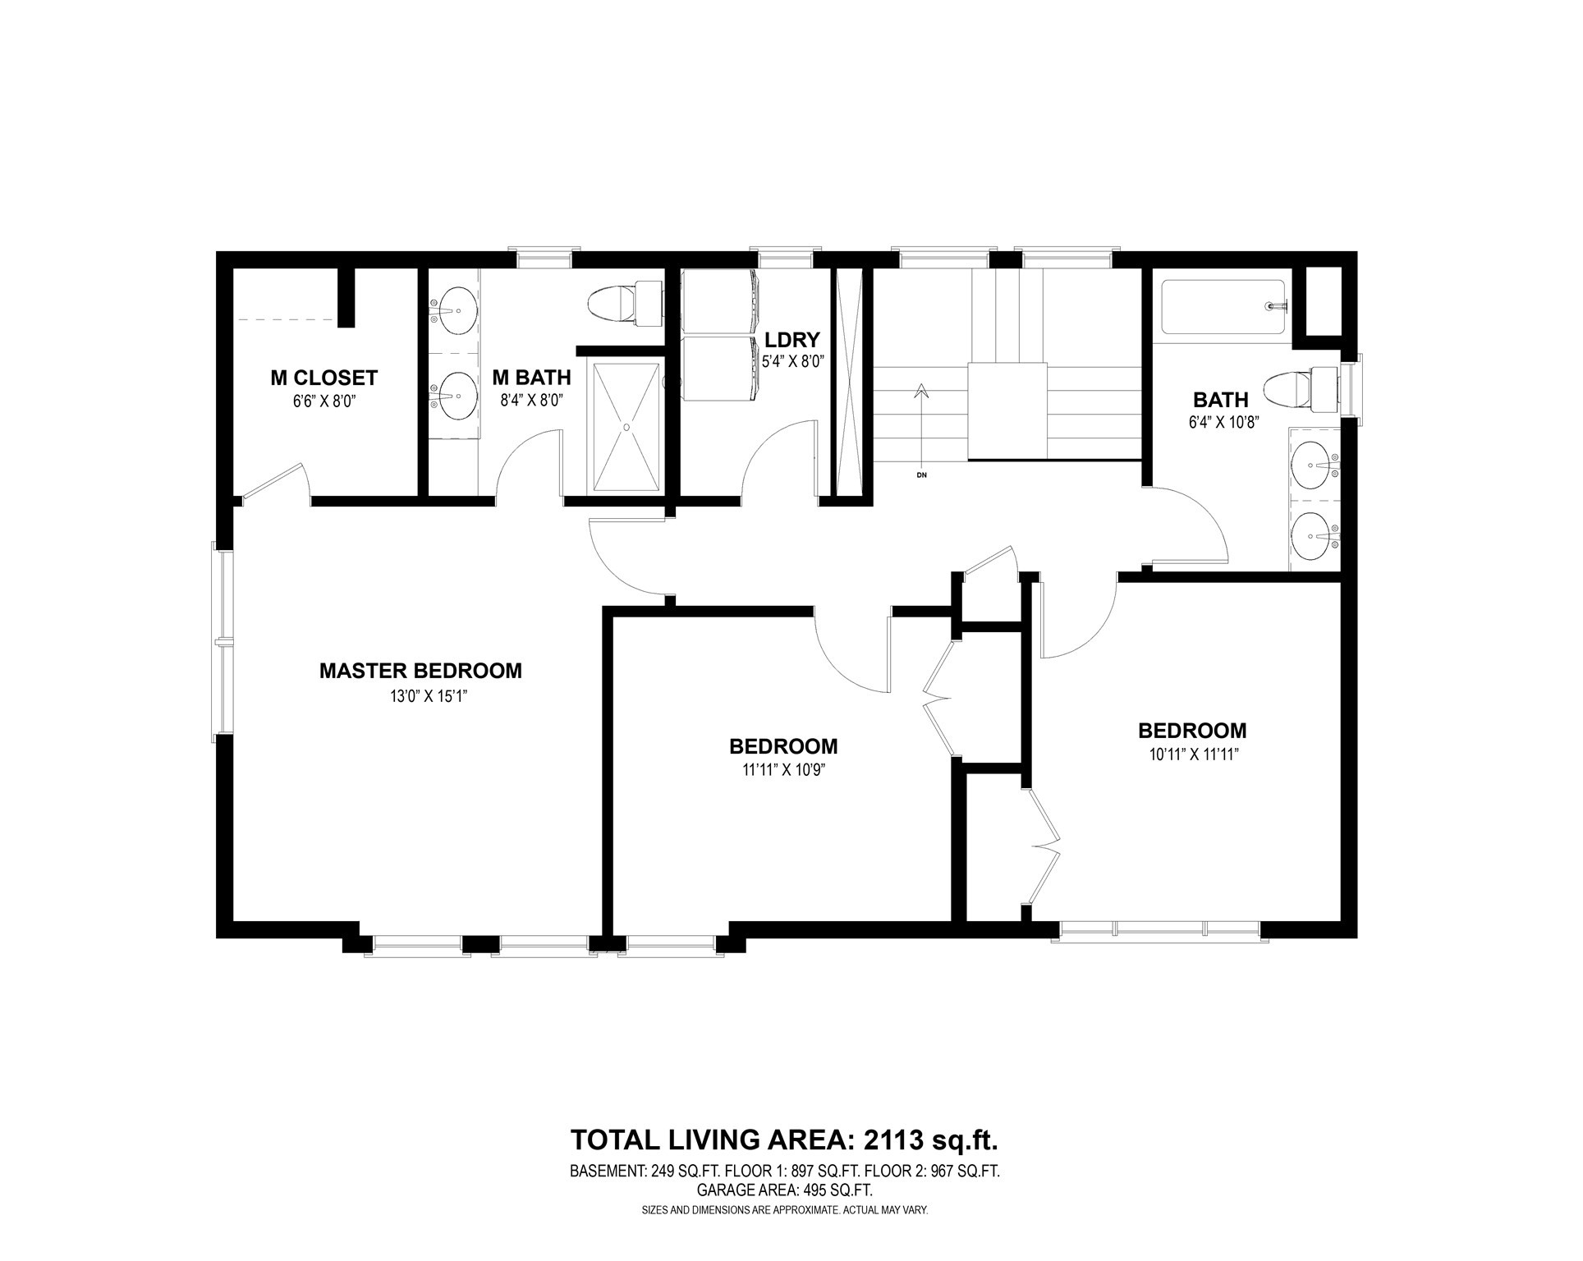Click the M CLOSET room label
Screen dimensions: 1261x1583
click(323, 378)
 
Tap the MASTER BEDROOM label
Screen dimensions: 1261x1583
click(420, 671)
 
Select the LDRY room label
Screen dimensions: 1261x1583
click(792, 340)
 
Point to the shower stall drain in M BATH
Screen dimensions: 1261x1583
click(627, 427)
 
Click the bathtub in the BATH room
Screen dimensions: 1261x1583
click(1222, 306)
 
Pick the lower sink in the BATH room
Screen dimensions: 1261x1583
click(1314, 536)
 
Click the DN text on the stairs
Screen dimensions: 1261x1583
click(921, 474)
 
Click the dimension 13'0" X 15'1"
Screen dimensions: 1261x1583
click(420, 696)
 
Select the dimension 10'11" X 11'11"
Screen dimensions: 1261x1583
click(1192, 755)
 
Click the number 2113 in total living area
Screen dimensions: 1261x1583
click(892, 1140)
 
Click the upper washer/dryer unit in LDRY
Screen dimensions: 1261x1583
click(721, 301)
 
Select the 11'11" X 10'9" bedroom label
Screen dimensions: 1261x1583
click(783, 771)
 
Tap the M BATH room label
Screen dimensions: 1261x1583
click(531, 378)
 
